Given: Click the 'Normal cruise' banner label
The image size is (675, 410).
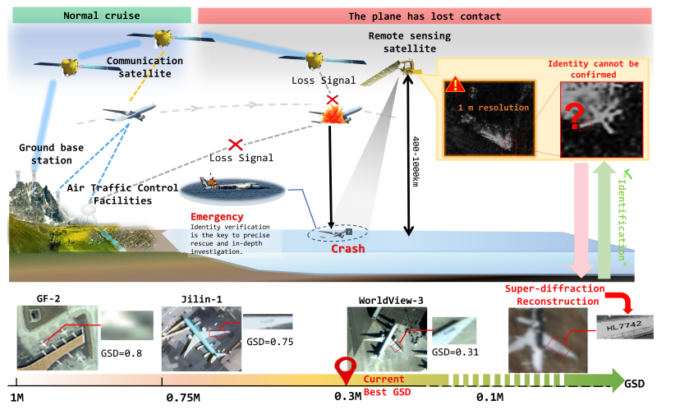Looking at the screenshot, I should (97, 15).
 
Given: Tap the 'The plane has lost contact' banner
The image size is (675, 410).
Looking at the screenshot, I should (425, 16).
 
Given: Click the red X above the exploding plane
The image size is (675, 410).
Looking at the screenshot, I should (332, 99).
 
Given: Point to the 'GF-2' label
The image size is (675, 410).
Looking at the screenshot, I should (48, 298).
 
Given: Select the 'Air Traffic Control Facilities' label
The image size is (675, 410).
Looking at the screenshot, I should (123, 194).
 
